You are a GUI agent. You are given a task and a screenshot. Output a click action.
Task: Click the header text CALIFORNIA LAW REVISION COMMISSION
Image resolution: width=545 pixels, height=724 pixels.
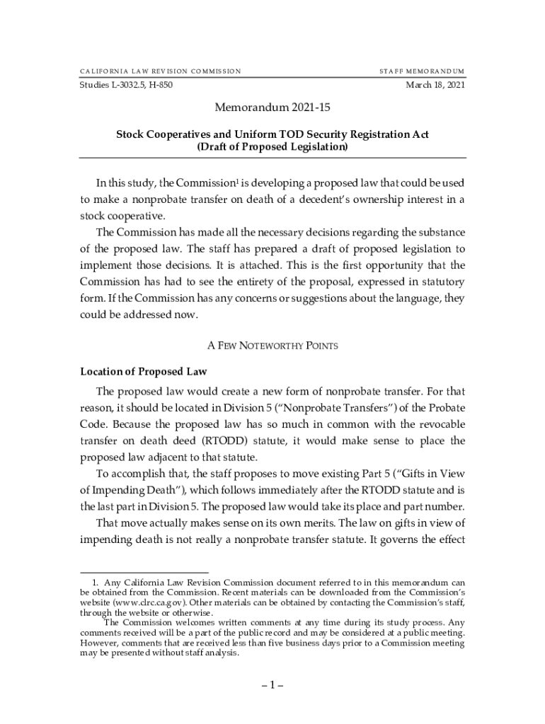[160, 71]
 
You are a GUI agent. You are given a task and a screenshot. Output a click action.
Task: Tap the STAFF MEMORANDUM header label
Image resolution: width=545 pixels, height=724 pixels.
[422, 71]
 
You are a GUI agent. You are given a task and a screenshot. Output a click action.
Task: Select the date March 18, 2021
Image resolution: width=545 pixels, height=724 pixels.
[435, 86]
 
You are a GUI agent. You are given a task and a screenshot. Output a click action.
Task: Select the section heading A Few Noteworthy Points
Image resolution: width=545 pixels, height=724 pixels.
[272, 346]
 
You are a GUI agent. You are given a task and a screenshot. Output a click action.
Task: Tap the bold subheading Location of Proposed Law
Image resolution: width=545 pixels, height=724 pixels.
[143, 371]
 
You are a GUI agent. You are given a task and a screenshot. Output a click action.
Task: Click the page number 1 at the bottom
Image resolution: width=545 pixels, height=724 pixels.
[272, 686]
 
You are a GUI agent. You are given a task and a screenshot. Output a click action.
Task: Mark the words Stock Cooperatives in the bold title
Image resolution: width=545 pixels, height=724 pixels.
[161, 134]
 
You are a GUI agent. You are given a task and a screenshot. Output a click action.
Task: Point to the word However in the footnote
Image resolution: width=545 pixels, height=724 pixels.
[99, 643]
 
